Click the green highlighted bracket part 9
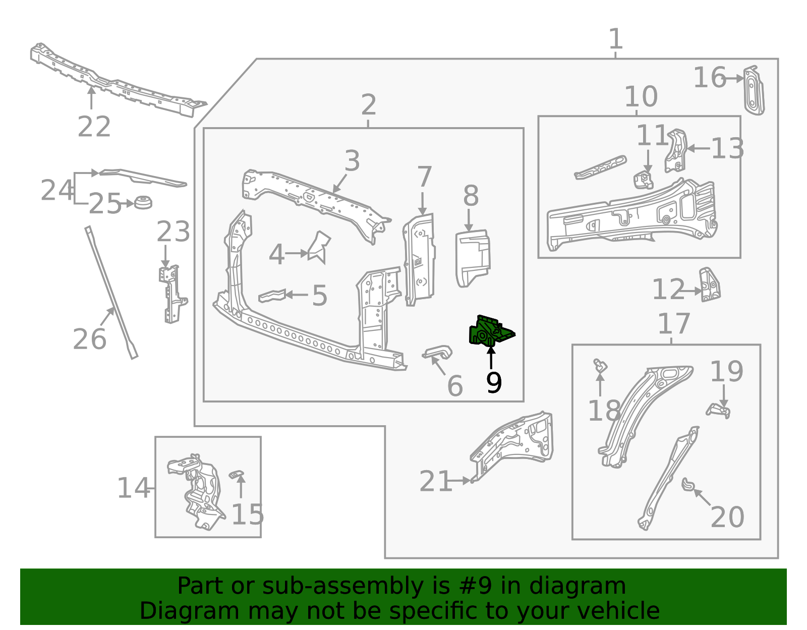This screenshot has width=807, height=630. (x=489, y=332)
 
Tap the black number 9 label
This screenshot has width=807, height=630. (x=494, y=383)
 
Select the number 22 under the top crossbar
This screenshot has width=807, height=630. (x=94, y=127)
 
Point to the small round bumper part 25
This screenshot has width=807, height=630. (x=143, y=202)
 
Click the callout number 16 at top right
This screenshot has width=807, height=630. (x=709, y=78)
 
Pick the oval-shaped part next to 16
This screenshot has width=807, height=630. (x=754, y=91)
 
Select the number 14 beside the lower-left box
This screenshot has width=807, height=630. (x=133, y=488)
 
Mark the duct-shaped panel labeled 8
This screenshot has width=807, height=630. (x=472, y=257)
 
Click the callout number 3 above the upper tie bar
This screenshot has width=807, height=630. (x=352, y=161)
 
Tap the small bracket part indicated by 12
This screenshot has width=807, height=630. (x=710, y=285)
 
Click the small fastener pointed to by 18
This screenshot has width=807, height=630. (x=600, y=366)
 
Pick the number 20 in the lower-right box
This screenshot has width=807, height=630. (x=727, y=517)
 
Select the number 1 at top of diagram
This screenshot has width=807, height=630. (x=615, y=39)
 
